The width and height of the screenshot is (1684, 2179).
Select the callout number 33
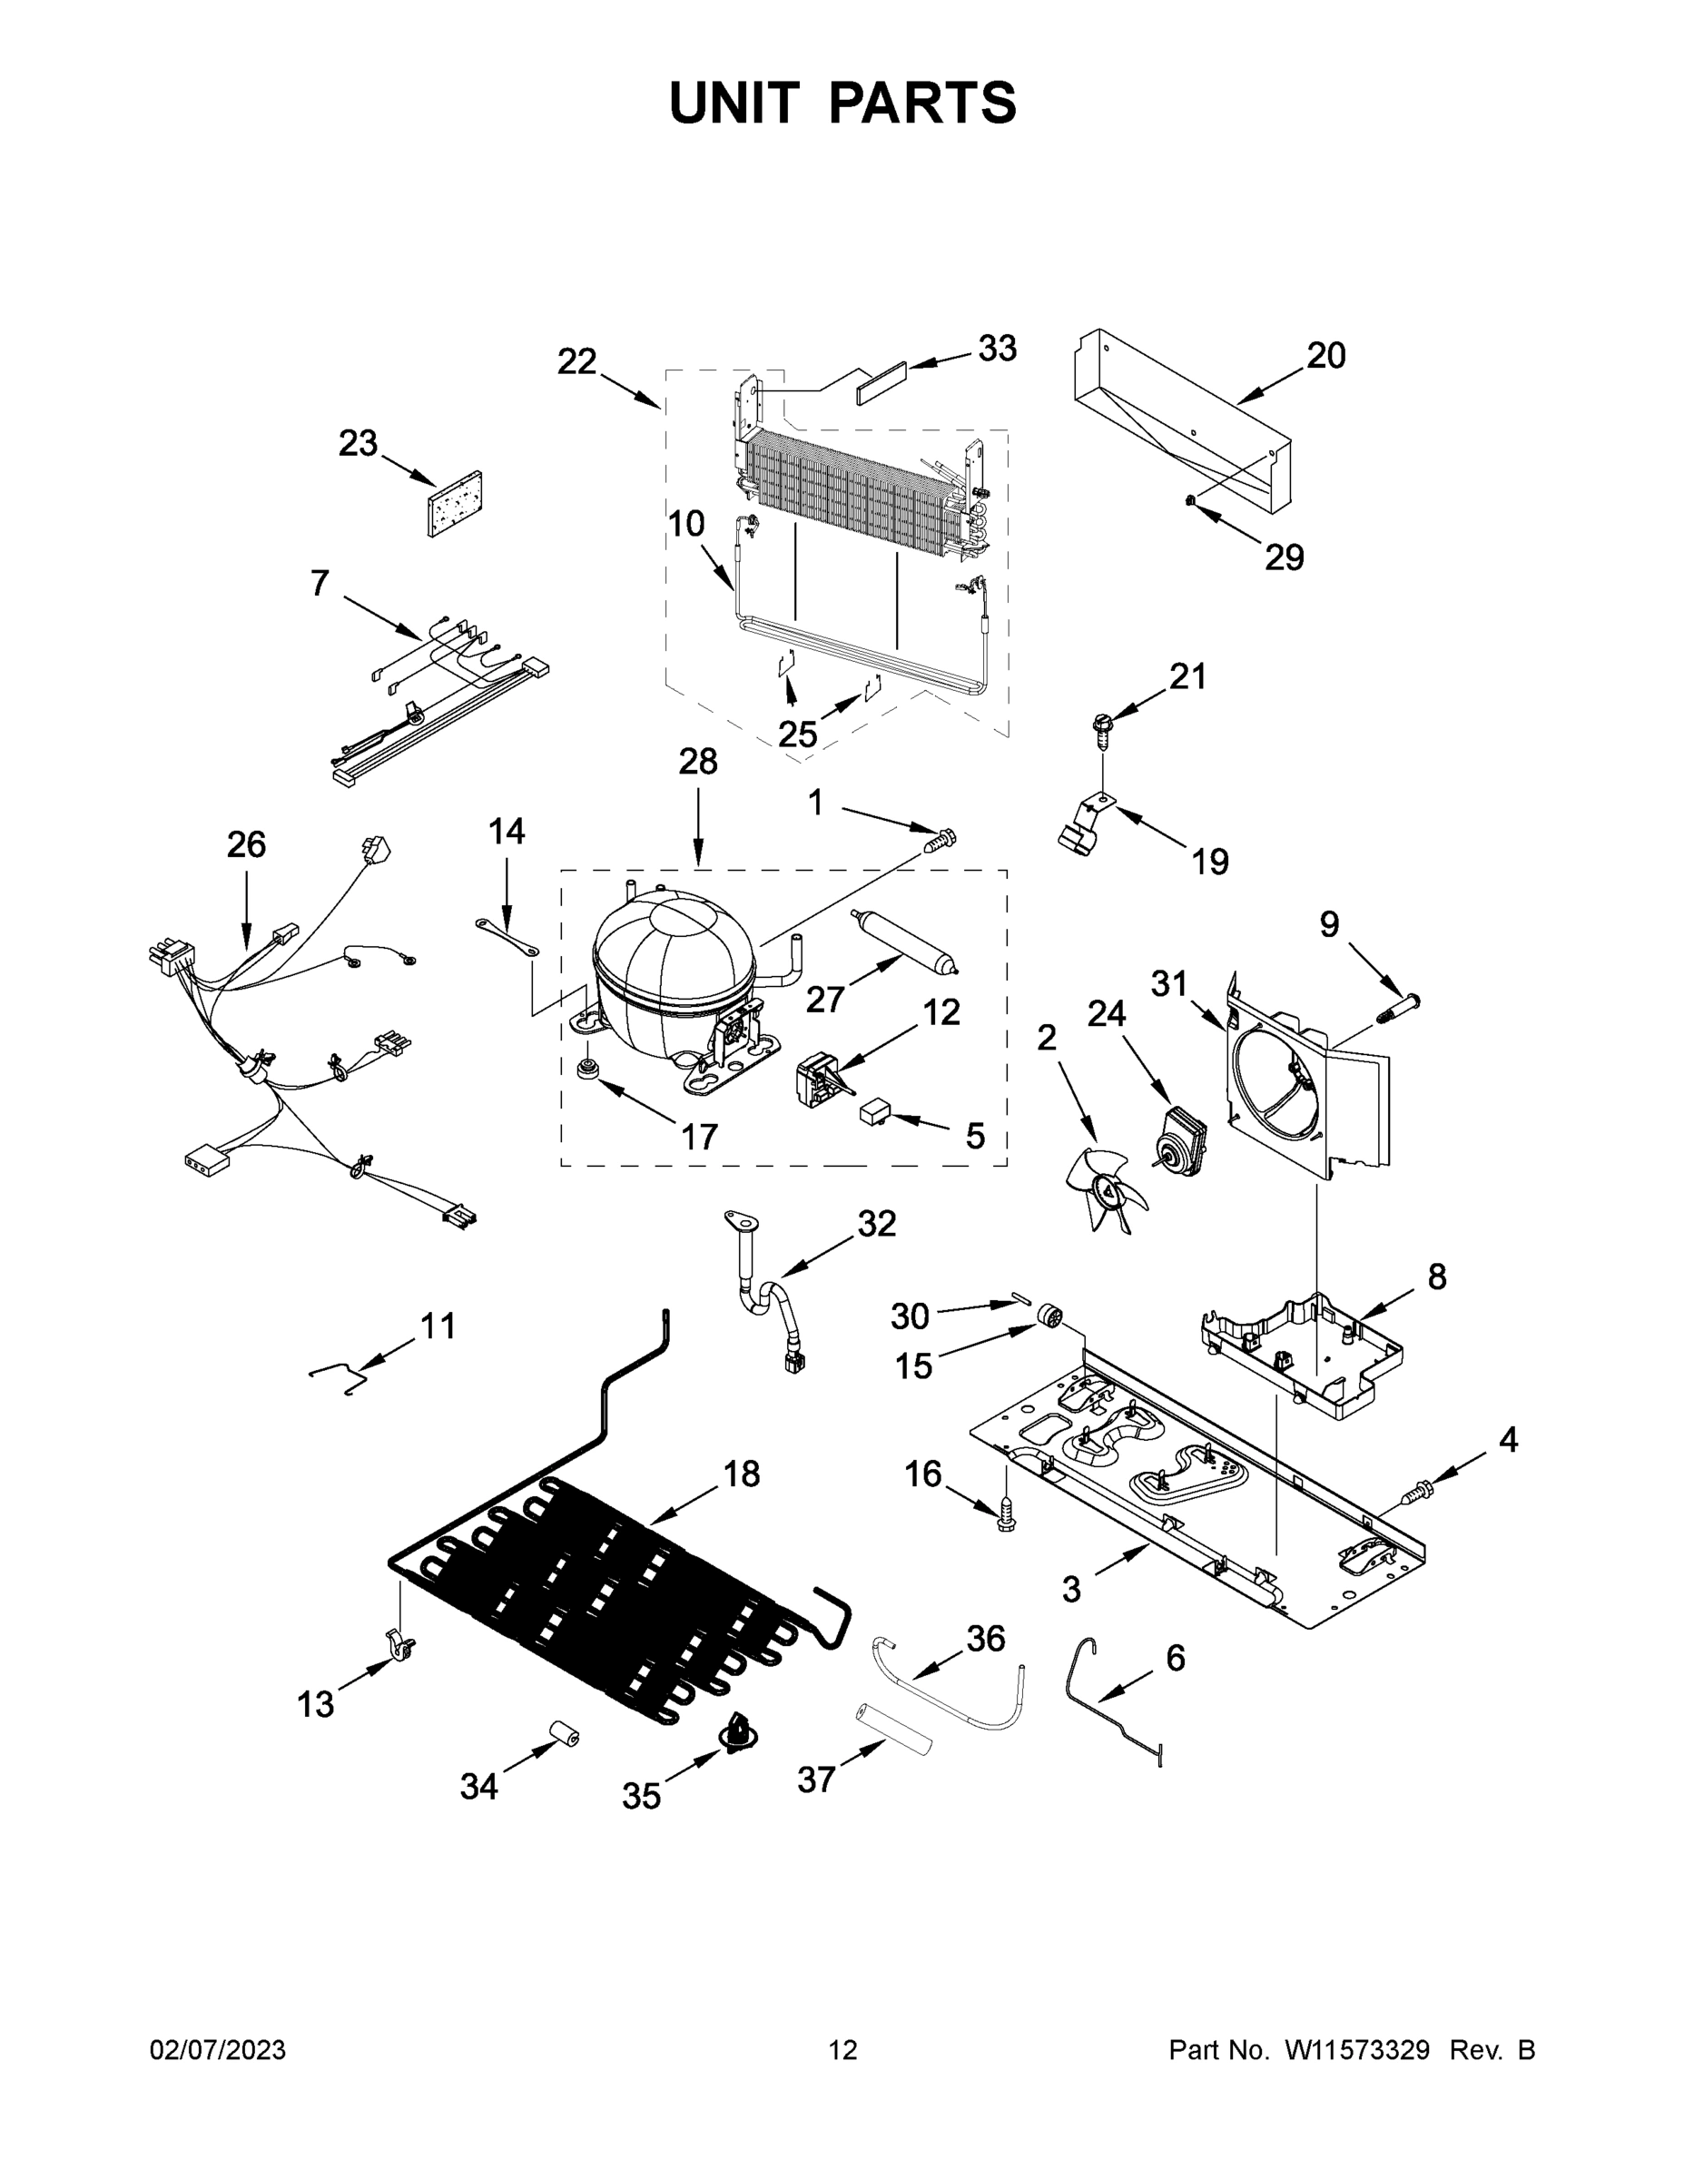pyautogui.click(x=997, y=349)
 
